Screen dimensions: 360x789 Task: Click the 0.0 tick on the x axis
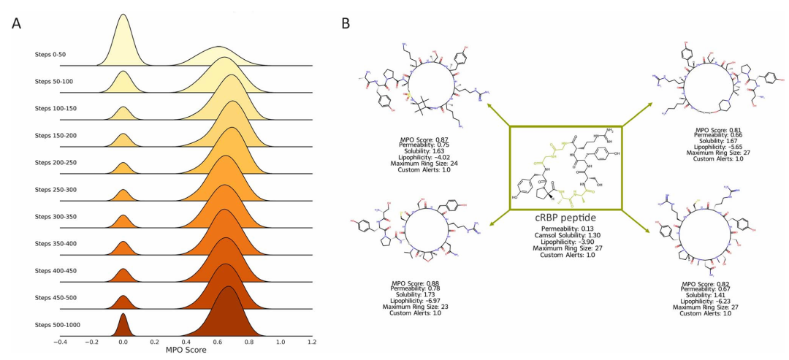click(123, 341)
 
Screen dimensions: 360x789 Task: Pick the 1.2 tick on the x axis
click(312, 341)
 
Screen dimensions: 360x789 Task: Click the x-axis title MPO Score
click(185, 351)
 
